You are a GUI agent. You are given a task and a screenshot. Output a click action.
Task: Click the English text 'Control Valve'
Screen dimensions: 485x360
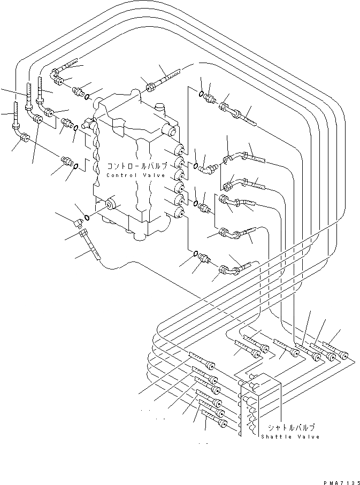[x=137, y=175]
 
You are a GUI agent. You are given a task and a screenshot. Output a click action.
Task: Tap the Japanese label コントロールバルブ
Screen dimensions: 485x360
[x=137, y=166]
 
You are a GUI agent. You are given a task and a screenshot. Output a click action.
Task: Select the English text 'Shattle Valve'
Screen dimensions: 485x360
[x=290, y=436]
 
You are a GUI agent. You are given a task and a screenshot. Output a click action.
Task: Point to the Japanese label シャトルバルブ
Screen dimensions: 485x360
[x=291, y=427]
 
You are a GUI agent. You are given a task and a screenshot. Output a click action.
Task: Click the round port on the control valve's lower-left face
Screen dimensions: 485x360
[x=111, y=203]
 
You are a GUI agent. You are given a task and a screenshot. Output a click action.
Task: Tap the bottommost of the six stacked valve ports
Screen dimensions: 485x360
[x=179, y=213]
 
